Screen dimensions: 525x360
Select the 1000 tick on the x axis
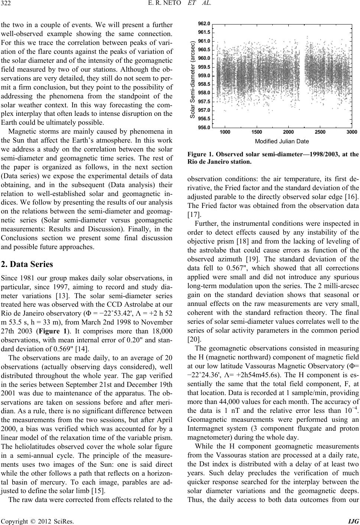tap(225, 132)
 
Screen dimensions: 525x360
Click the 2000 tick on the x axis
tap(288, 132)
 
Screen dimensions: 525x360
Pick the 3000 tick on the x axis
tap(351, 132)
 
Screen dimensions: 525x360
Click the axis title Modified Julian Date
tap(282, 141)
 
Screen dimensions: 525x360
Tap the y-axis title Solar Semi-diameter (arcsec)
tap(192, 79)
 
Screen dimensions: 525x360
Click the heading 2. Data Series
tap(27, 254)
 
